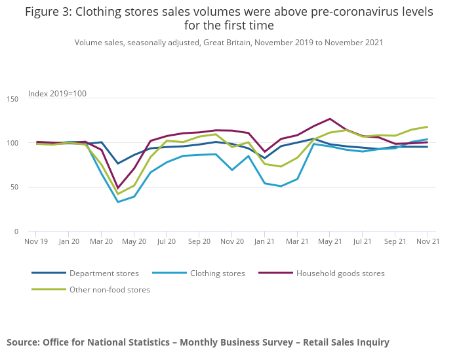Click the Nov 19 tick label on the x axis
coord(36,241)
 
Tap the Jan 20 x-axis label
coord(69,241)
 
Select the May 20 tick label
coord(134,241)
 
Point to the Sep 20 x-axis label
coord(199,241)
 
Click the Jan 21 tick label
coord(264,241)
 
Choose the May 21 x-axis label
coord(329,241)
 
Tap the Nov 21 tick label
coord(428,241)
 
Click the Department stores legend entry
coord(104,273)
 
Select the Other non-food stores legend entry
coord(110,289)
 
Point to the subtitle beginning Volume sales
coord(229,43)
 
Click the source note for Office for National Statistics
coord(198,342)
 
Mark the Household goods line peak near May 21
coord(330,119)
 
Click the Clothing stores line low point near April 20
coord(118,201)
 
